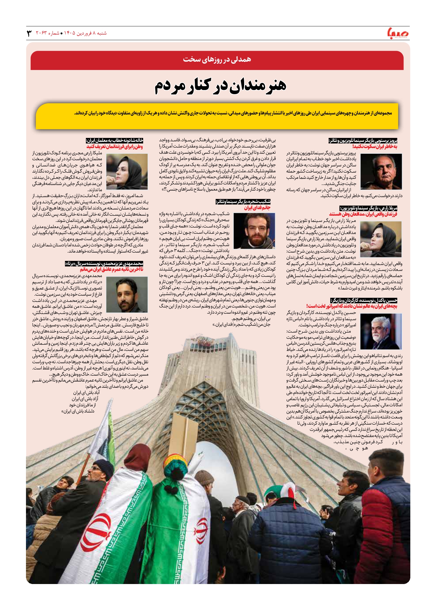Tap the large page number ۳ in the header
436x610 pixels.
pyautogui.click(x=29, y=33)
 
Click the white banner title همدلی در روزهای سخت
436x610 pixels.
pyautogui.click(x=217, y=59)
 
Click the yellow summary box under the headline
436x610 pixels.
pyautogui.click(x=217, y=116)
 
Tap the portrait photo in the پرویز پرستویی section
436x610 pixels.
pyautogui.click(x=381, y=171)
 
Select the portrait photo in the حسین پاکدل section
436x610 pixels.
pyautogui.click(x=381, y=332)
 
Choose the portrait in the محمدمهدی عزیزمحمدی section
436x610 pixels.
pyautogui.click(x=127, y=294)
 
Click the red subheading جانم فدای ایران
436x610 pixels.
pyautogui.click(x=257, y=208)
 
